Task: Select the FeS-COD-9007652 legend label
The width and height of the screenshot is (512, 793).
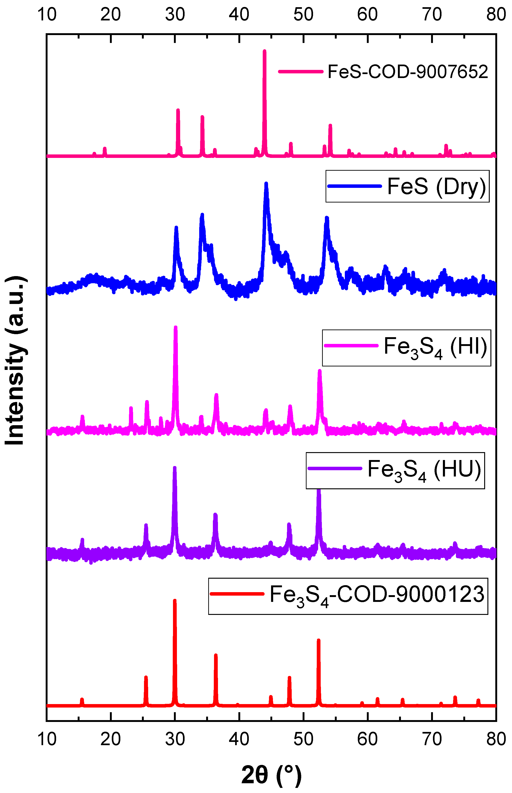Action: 408,72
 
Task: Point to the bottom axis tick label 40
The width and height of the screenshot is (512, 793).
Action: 239,738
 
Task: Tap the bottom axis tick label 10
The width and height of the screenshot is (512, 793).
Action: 47,738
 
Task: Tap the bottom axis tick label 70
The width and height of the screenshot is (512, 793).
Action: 432,738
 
